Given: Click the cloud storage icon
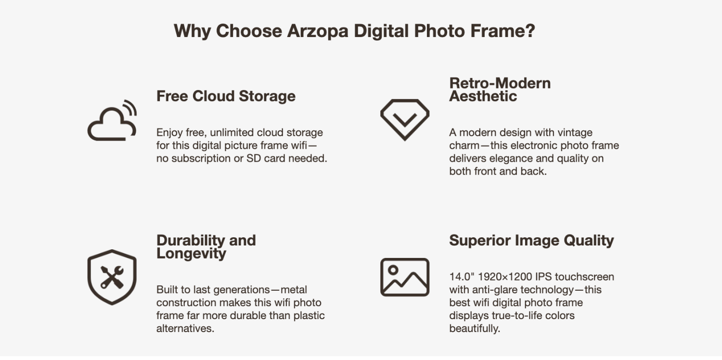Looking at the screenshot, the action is [x=112, y=124].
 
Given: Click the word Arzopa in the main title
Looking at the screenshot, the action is [x=318, y=31].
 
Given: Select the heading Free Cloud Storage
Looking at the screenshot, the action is [x=226, y=96].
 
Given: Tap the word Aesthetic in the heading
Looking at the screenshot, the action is [x=483, y=96].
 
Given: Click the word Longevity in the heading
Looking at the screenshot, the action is [x=191, y=254].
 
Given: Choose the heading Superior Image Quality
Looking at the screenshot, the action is [x=531, y=241].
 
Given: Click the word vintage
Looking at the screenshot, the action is [x=574, y=132].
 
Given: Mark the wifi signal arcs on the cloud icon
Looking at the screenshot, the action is [x=130, y=107].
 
